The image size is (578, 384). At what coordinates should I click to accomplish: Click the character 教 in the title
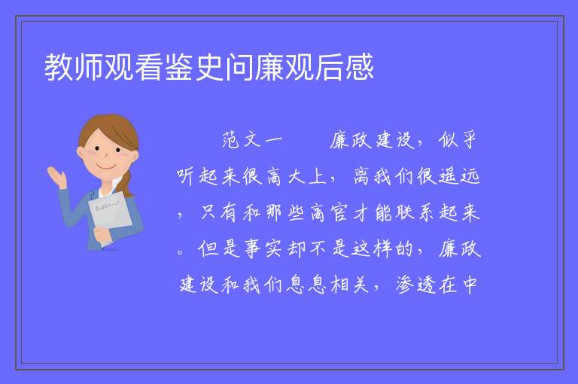(x=59, y=67)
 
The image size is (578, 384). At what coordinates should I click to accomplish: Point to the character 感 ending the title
(x=360, y=67)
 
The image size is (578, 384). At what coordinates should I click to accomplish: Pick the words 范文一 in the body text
(x=253, y=140)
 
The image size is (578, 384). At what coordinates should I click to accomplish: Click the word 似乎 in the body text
(x=458, y=140)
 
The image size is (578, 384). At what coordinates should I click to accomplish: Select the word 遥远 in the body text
(x=459, y=176)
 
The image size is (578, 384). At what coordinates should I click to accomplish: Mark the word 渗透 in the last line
(x=415, y=285)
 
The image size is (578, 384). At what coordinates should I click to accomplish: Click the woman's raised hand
(x=56, y=177)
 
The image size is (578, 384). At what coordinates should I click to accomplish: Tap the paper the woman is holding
(x=110, y=215)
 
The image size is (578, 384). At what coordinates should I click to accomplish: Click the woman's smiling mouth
(x=106, y=167)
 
